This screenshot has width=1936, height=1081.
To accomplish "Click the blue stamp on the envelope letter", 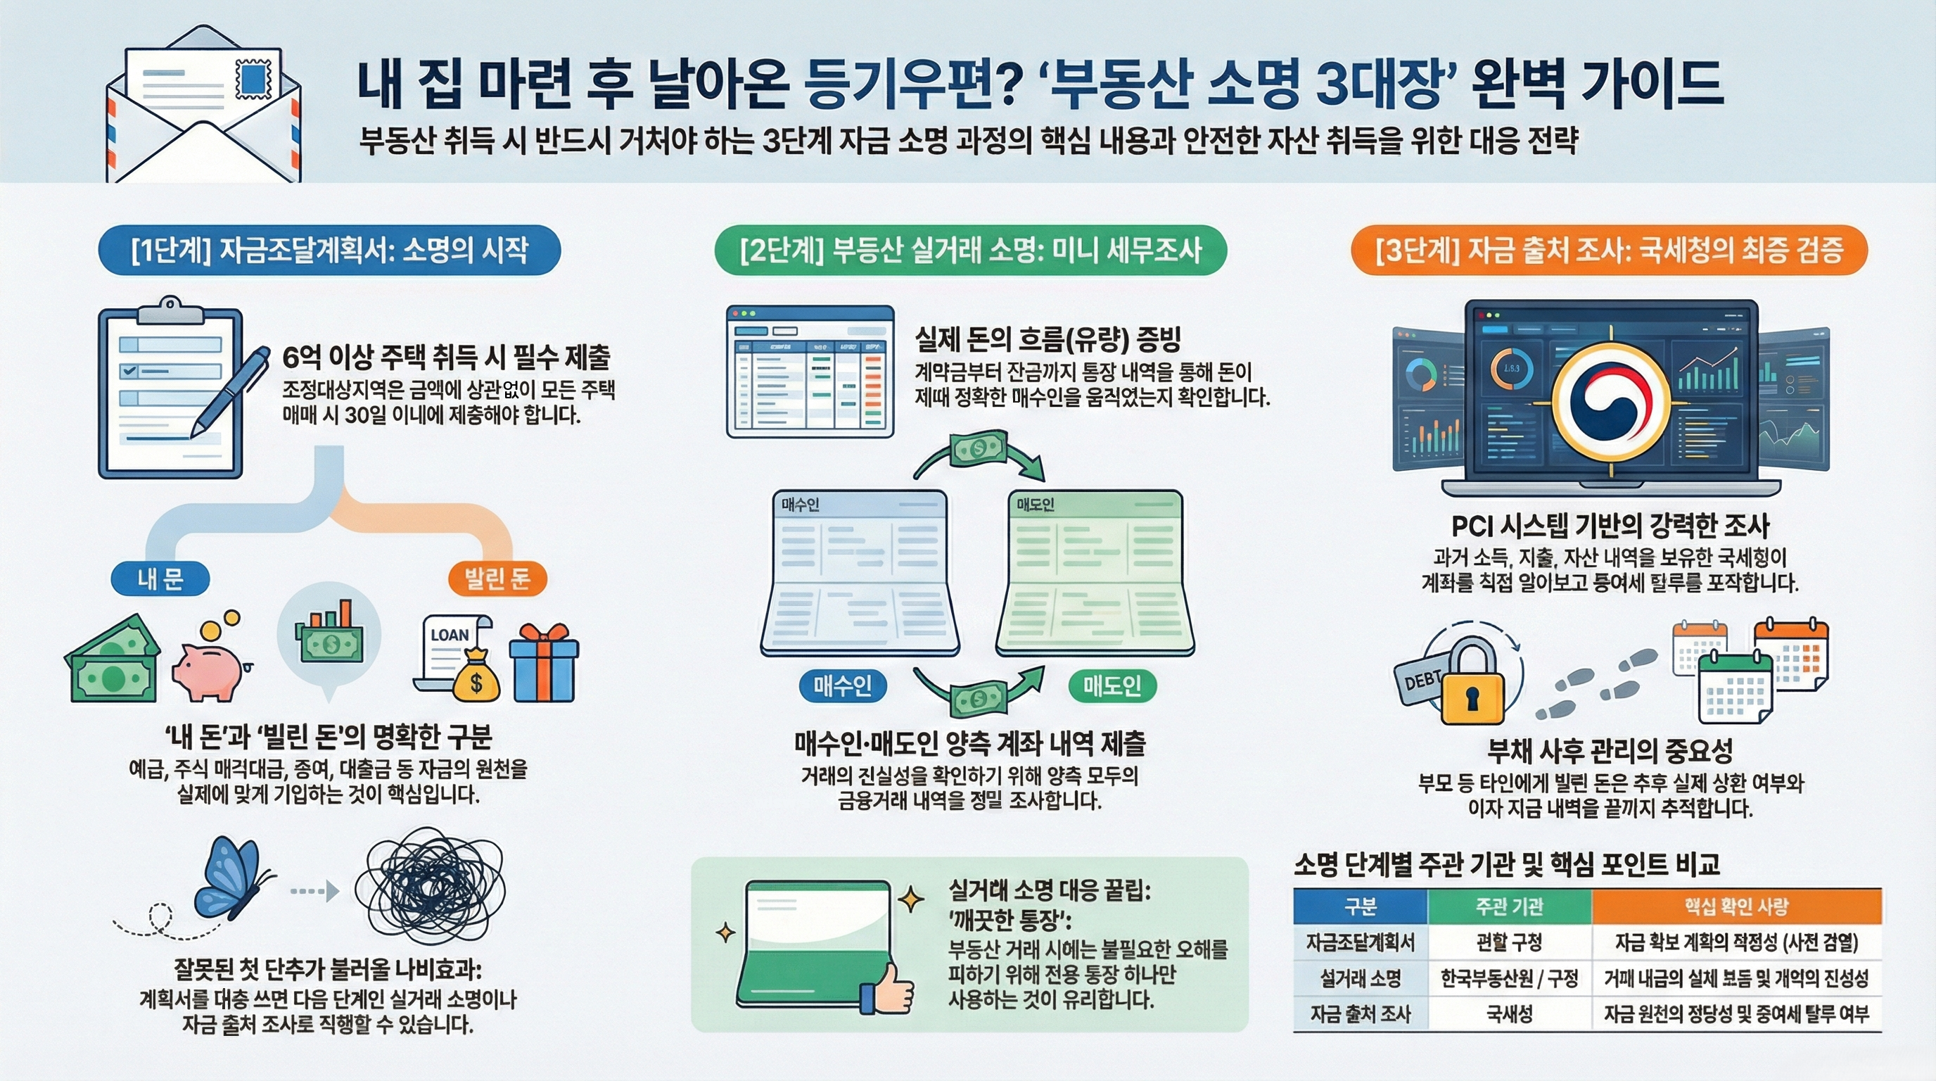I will (256, 78).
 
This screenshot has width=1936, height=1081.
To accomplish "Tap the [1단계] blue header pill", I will (329, 250).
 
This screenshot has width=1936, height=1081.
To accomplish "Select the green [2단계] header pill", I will (970, 250).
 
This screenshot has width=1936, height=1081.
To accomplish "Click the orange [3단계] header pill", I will (1608, 250).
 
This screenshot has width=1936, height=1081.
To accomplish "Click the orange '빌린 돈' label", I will (497, 579).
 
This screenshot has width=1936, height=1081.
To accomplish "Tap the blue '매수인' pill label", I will (843, 685).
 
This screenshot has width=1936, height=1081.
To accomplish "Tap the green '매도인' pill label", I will (1112, 685).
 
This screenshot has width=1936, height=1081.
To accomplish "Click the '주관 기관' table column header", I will (1509, 906).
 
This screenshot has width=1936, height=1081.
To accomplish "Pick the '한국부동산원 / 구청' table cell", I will (1509, 978).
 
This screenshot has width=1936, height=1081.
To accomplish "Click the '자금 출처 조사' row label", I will (1361, 1014).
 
